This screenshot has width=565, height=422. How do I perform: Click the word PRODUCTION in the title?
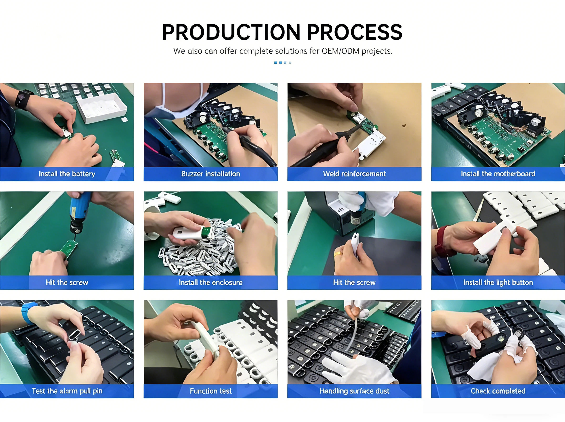click(x=231, y=32)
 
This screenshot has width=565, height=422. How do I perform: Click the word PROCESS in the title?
click(x=355, y=32)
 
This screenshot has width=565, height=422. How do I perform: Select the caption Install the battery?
click(x=67, y=174)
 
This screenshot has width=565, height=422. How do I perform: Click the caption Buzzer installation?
click(x=211, y=174)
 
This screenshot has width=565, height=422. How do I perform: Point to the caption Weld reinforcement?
click(x=354, y=174)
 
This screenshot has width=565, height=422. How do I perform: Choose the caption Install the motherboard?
click(x=498, y=174)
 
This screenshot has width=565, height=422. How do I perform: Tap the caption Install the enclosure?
click(x=211, y=282)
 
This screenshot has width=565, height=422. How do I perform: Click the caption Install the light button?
click(x=498, y=282)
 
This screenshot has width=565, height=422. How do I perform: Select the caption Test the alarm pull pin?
click(x=67, y=391)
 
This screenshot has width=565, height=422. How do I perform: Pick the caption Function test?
click(x=211, y=391)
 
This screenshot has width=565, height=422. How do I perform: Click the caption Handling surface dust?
click(x=354, y=391)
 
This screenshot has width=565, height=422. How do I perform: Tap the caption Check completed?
click(x=498, y=391)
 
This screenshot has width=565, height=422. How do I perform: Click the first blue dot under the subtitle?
click(x=276, y=63)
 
